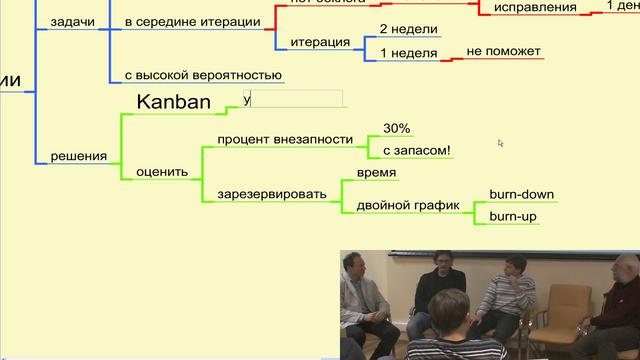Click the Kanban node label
point(173,101)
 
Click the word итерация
point(320,42)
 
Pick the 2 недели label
point(403,30)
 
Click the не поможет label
point(504,51)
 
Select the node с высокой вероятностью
point(203,75)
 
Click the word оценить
point(162,171)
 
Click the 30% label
point(397,129)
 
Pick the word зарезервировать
point(271,193)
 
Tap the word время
point(377,173)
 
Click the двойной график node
point(408,204)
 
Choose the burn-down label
point(521,194)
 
